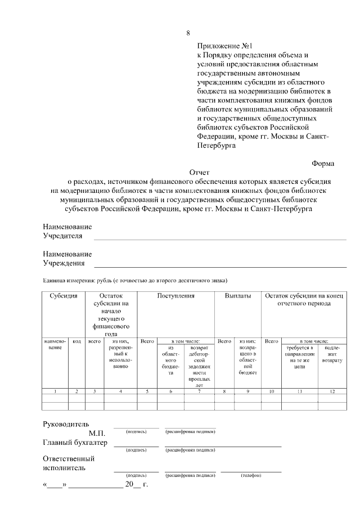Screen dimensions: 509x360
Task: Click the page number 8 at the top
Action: pyautogui.click(x=188, y=33)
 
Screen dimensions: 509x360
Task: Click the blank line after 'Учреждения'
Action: pyautogui.click(x=219, y=265)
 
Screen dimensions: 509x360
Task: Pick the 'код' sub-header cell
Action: pyautogui.click(x=77, y=341)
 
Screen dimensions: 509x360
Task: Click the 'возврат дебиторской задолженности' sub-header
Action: pyautogui.click(x=199, y=363)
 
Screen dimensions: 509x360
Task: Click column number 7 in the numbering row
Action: pyautogui.click(x=199, y=390)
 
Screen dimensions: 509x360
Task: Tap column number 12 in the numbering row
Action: pyautogui.click(x=332, y=390)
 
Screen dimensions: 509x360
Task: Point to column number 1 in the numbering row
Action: pyautogui.click(x=55, y=390)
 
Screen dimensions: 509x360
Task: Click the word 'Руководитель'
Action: pyautogui.click(x=66, y=424)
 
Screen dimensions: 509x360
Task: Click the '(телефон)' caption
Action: pyautogui.click(x=251, y=475)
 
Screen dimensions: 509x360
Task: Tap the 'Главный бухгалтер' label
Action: pyautogui.click(x=75, y=443)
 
